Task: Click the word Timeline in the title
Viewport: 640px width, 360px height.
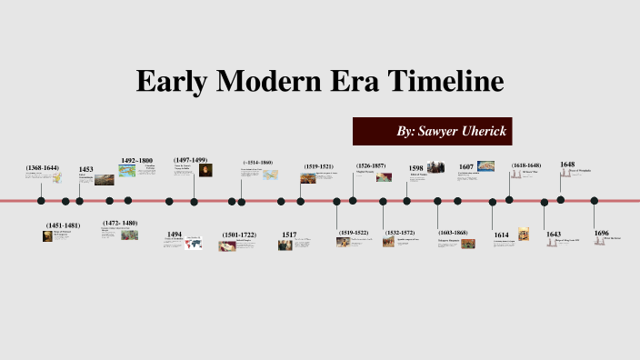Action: tap(445, 81)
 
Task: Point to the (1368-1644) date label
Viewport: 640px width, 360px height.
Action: tap(43, 168)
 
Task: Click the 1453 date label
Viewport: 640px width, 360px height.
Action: tap(86, 169)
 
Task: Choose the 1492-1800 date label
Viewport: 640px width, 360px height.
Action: tap(136, 160)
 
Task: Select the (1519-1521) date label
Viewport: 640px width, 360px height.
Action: tap(318, 167)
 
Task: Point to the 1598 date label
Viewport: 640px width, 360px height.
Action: tap(416, 168)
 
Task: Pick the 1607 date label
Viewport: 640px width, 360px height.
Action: tap(466, 167)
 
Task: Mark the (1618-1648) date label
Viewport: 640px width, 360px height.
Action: tap(526, 165)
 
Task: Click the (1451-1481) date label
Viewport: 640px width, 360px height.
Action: tap(64, 225)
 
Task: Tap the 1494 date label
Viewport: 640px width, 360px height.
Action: tap(175, 234)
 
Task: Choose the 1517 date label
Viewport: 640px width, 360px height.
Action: tap(289, 235)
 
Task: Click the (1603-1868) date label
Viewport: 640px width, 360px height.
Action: tap(453, 233)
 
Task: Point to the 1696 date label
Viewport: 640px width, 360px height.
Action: tap(602, 233)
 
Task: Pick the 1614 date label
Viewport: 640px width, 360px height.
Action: tap(502, 235)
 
